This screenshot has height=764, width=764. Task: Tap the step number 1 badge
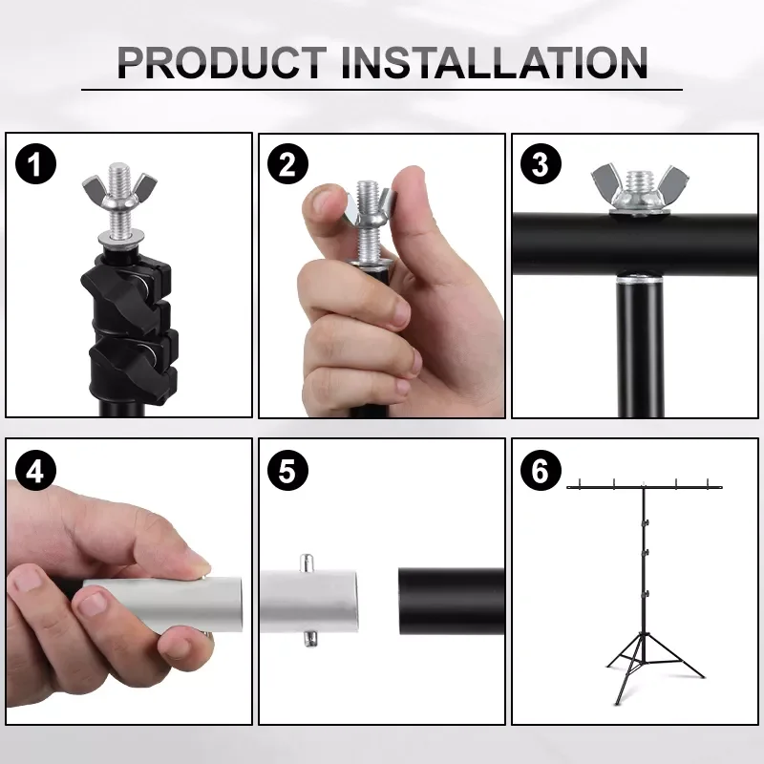coord(35,165)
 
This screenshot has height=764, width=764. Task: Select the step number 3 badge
coord(541,165)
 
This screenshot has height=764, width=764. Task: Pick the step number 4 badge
coord(35,471)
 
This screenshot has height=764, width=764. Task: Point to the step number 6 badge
coord(541,471)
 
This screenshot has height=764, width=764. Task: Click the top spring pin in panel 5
coord(307,562)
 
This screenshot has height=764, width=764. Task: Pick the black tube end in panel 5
coord(450,603)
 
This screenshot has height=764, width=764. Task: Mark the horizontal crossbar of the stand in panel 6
coord(645,487)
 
